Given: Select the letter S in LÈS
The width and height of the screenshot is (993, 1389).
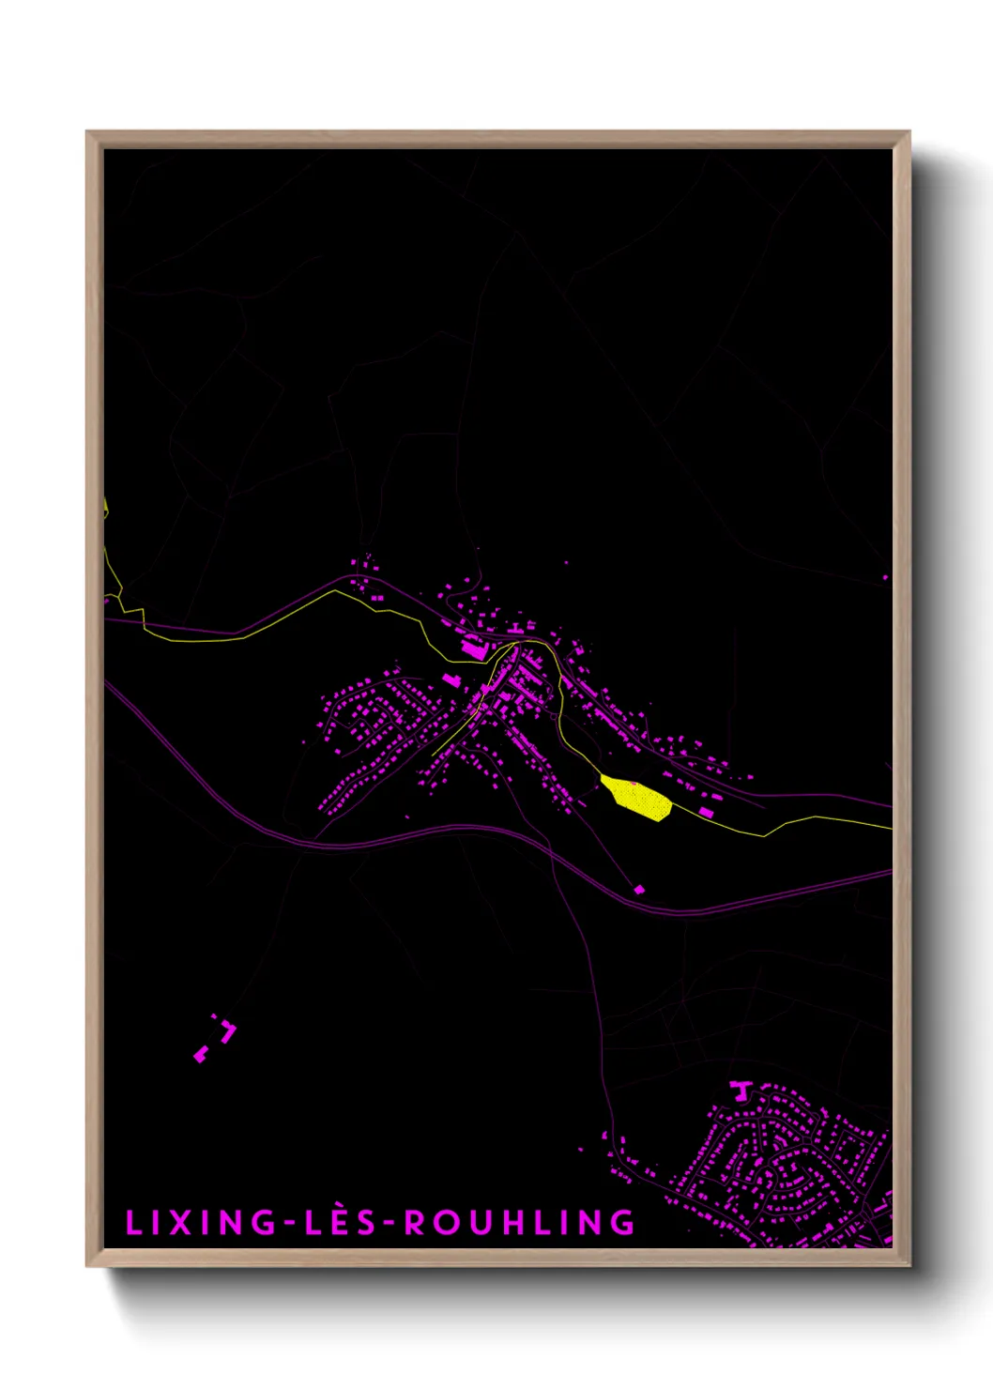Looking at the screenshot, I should click(x=366, y=1223).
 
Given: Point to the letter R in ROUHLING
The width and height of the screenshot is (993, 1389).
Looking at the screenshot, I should click(x=414, y=1223).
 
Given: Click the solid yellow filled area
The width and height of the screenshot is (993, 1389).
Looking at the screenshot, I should click(x=639, y=798).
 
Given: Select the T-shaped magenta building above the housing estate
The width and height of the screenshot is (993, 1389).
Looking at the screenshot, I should click(x=741, y=1090).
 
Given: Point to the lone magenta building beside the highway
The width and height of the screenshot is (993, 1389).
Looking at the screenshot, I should click(x=639, y=889).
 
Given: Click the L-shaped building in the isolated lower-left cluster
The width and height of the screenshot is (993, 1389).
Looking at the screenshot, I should click(x=228, y=1032).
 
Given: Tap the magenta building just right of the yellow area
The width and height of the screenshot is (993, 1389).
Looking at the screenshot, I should click(x=706, y=812).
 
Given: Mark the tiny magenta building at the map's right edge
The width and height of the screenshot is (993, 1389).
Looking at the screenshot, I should click(x=885, y=577).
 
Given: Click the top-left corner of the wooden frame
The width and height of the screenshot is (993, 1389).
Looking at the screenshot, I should click(x=87, y=132).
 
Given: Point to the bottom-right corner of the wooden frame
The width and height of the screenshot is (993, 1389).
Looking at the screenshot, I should click(x=909, y=1265).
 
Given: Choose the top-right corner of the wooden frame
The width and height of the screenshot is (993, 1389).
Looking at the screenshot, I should click(x=909, y=132).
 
